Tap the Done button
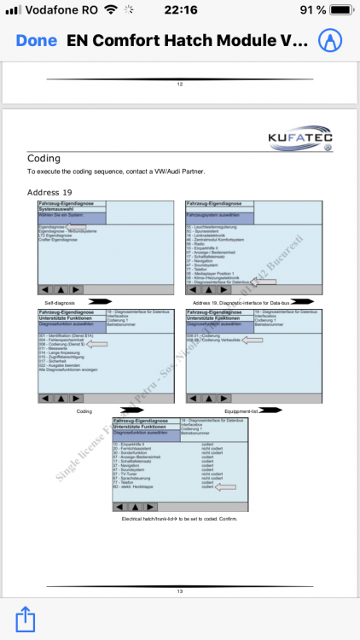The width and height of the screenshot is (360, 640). pyautogui.click(x=37, y=41)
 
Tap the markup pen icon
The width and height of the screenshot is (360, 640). pyautogui.click(x=329, y=41)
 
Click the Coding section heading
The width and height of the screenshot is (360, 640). pyautogui.click(x=44, y=159)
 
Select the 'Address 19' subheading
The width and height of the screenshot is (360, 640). pyautogui.click(x=49, y=192)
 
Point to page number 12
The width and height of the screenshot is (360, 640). pyautogui.click(x=180, y=84)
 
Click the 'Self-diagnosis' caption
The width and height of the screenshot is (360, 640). pyautogui.click(x=61, y=302)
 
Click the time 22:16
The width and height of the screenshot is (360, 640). pyautogui.click(x=179, y=11)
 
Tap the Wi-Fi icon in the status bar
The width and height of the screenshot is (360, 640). pyautogui.click(x=110, y=11)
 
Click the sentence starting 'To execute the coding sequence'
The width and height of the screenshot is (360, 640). pyautogui.click(x=117, y=172)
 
